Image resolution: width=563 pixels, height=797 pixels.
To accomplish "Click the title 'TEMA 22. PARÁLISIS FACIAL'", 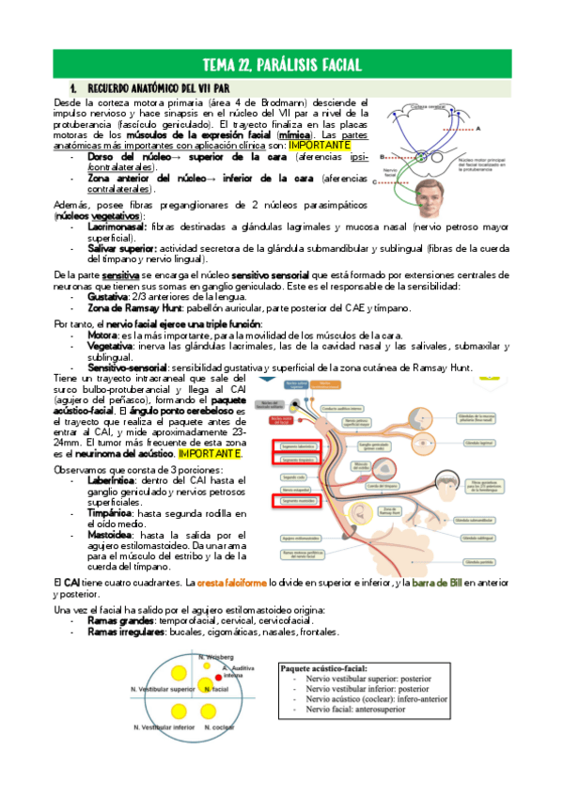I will pyautogui.click(x=281, y=64).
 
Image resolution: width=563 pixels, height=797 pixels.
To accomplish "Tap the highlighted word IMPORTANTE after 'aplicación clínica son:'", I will pyautogui.click(x=320, y=146).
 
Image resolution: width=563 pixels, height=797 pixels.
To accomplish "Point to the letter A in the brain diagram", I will pyautogui.click(x=478, y=127).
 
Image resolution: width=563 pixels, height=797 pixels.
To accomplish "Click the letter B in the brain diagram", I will pyautogui.click(x=382, y=157).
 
